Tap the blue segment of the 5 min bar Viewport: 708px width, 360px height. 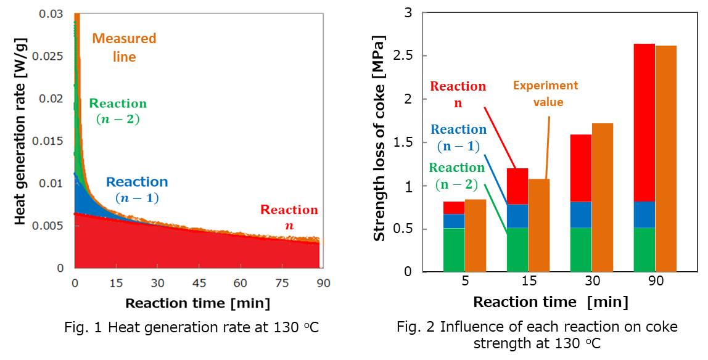[x=453, y=221]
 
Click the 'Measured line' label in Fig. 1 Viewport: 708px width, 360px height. [x=124, y=47]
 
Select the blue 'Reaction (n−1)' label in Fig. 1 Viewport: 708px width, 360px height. [x=136, y=190]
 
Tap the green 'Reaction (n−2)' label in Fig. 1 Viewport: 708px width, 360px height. [x=118, y=111]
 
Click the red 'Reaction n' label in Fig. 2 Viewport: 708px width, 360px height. [x=458, y=94]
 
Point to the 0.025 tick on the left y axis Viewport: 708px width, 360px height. [x=52, y=56]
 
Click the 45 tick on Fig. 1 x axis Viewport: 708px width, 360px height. [x=199, y=283]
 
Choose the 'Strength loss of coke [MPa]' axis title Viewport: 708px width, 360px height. [x=380, y=140]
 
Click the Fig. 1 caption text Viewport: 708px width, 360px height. [x=192, y=328]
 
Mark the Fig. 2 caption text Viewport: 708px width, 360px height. [x=537, y=335]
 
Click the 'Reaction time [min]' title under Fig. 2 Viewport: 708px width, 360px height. [x=551, y=302]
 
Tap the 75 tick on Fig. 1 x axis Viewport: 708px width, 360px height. [x=282, y=283]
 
